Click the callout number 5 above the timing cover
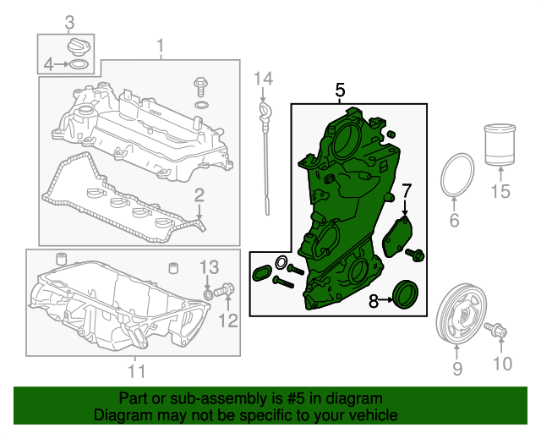tap(340, 90)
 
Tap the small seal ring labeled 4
tap(78, 64)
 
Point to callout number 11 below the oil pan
tap(136, 370)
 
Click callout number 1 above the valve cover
tap(159, 45)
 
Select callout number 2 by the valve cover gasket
tap(199, 196)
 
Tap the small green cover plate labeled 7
tap(396, 235)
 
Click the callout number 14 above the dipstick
tap(264, 79)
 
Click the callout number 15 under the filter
tap(500, 192)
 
